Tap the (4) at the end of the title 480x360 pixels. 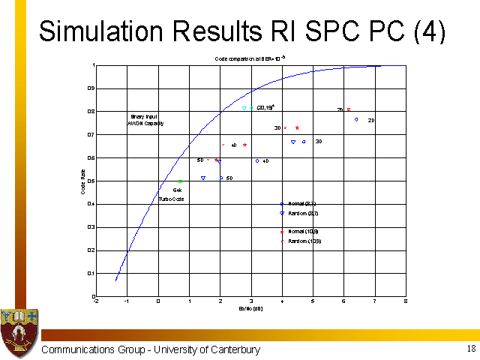pos(429,31)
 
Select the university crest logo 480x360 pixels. pos(19,331)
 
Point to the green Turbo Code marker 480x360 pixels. pos(181,181)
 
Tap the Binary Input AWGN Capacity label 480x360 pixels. pos(145,120)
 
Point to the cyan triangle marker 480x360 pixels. pos(244,108)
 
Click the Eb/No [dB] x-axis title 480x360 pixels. pos(250,308)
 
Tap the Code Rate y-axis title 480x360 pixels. pos(84,183)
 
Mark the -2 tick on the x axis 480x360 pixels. pos(95,301)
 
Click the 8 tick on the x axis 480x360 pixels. pos(405,301)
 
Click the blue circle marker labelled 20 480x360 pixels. pos(356,119)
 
